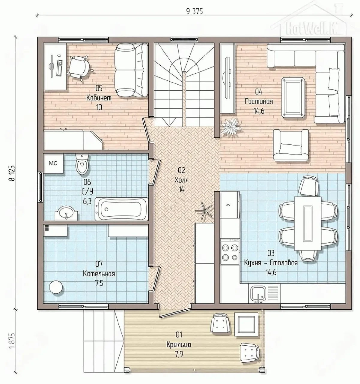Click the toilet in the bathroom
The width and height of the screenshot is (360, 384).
[x=82, y=164]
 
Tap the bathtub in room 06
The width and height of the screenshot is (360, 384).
[x=122, y=209]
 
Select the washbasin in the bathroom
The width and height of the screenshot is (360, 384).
[x=66, y=213]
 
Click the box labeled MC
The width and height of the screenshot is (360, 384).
[x=53, y=163]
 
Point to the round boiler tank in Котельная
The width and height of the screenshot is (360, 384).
[x=56, y=287]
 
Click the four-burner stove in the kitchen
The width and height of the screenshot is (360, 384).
[x=230, y=251]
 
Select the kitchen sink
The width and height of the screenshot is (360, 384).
[x=259, y=294]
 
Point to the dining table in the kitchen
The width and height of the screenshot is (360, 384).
[x=308, y=223]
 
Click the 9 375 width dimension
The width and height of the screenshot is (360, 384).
[x=195, y=12]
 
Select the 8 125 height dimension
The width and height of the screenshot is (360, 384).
[x=12, y=173]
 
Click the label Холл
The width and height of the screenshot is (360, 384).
[x=181, y=180]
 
